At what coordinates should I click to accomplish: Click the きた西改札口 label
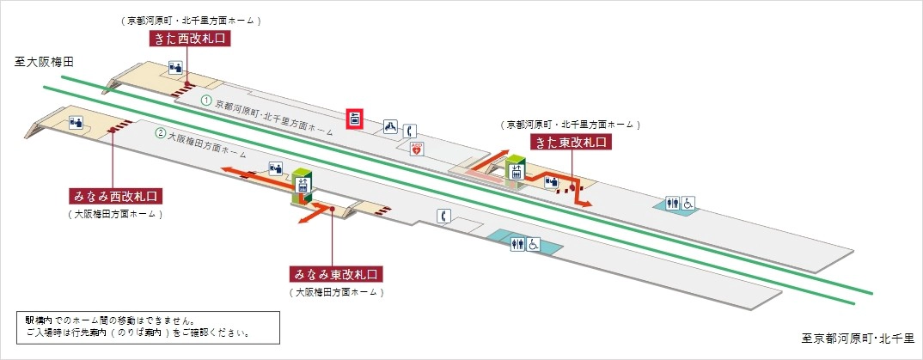(191, 38)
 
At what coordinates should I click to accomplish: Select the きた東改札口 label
(571, 143)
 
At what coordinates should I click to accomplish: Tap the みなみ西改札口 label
(116, 195)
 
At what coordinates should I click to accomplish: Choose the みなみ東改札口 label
(335, 275)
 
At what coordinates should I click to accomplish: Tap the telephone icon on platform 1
(411, 131)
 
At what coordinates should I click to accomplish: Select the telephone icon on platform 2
(443, 216)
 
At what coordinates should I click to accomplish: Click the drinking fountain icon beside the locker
(390, 126)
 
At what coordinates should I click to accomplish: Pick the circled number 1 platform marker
(206, 101)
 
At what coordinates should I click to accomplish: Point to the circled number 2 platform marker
(161, 133)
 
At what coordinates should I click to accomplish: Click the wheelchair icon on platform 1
(689, 204)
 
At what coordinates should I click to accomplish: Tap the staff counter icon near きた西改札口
(175, 67)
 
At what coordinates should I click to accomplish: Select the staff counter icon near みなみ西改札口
(75, 122)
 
